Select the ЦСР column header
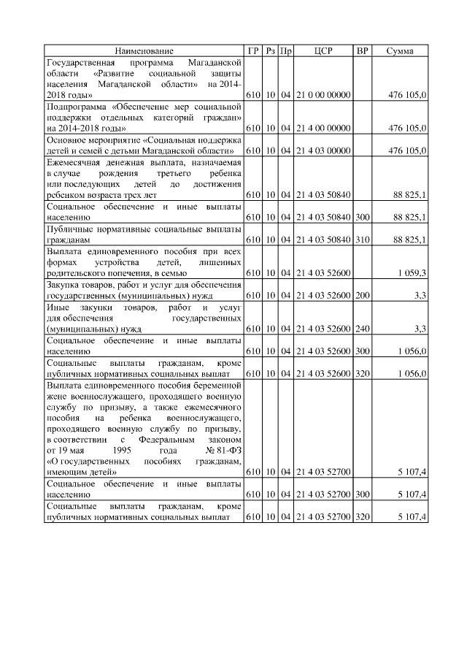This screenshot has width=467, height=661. [x=323, y=51]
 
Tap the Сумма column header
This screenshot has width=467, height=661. [x=399, y=51]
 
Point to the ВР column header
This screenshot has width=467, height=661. [x=362, y=51]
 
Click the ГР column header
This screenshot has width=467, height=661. [x=253, y=51]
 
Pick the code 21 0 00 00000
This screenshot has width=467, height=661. [x=324, y=95]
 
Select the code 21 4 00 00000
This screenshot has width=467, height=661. [x=324, y=128]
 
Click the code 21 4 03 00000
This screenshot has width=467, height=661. [x=324, y=150]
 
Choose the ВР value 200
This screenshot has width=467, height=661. [x=362, y=296]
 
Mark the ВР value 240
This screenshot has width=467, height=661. [x=362, y=329]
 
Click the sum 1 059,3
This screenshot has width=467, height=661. [x=412, y=272]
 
